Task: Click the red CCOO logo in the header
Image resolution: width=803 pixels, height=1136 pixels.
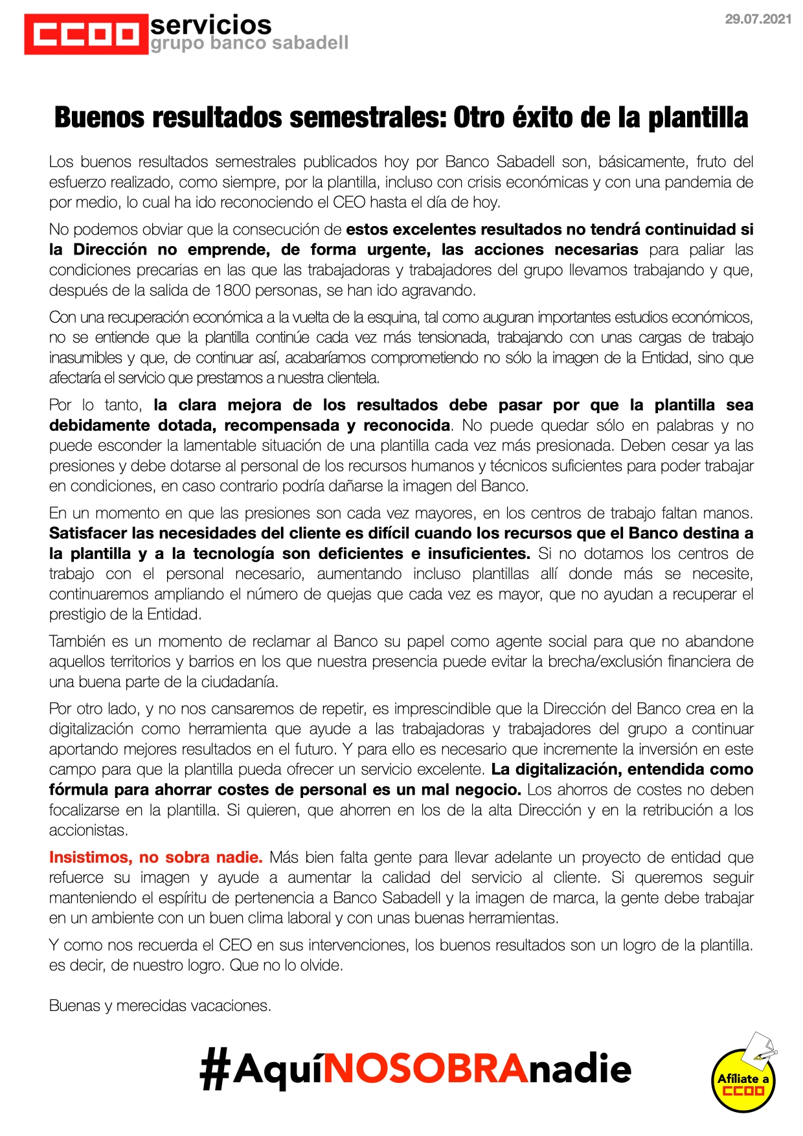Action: point(85,34)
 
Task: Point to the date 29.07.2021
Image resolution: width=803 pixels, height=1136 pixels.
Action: point(758,19)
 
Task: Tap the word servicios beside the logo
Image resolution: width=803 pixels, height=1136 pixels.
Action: point(210,25)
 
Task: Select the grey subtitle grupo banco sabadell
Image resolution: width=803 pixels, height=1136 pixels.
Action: point(249,43)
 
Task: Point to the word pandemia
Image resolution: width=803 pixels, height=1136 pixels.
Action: point(699,182)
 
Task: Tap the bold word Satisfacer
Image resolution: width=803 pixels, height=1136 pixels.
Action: point(89,533)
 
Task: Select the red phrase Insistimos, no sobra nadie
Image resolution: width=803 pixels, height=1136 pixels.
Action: point(155,858)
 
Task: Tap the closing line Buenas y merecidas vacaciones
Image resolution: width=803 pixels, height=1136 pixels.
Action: point(160,1006)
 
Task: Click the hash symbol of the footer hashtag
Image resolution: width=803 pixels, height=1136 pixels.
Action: point(214,1069)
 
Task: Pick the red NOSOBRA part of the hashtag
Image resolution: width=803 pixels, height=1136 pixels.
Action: point(425,1069)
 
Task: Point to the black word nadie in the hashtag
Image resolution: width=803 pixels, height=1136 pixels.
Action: point(580,1069)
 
